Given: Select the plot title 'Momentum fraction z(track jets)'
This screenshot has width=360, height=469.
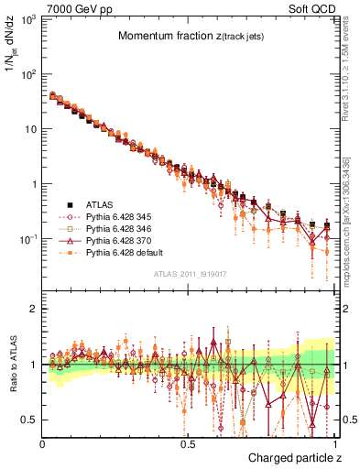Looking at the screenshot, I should coord(191,36).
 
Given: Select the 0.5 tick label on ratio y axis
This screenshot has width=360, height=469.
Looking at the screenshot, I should coord(30,420).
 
